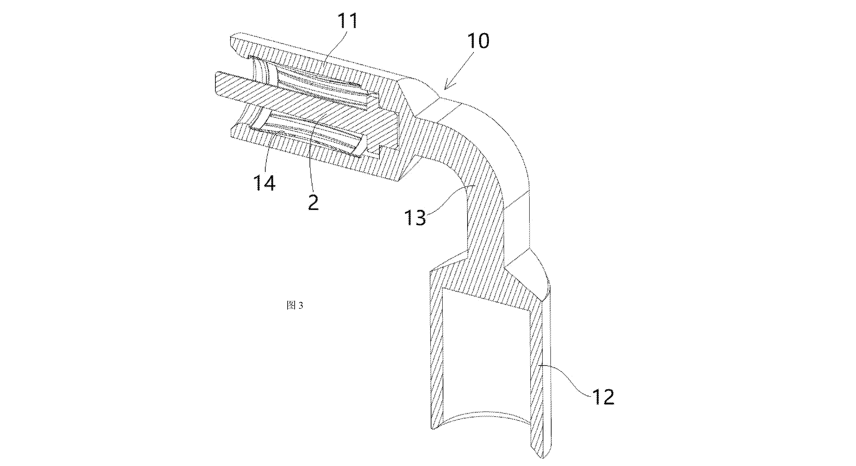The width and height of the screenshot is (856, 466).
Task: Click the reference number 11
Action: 348,21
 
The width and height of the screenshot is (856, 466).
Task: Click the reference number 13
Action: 415,218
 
